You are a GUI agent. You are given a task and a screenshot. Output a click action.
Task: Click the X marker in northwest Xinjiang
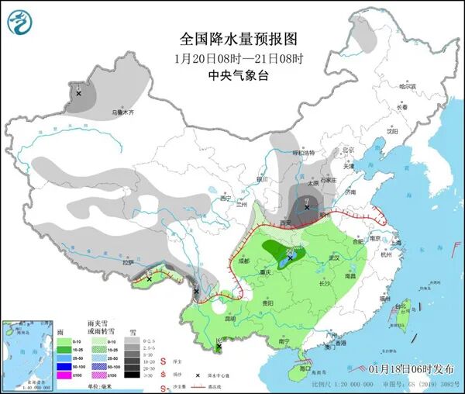tap(78, 93)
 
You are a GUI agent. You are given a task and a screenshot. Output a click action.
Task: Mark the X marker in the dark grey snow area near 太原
tap(308, 204)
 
